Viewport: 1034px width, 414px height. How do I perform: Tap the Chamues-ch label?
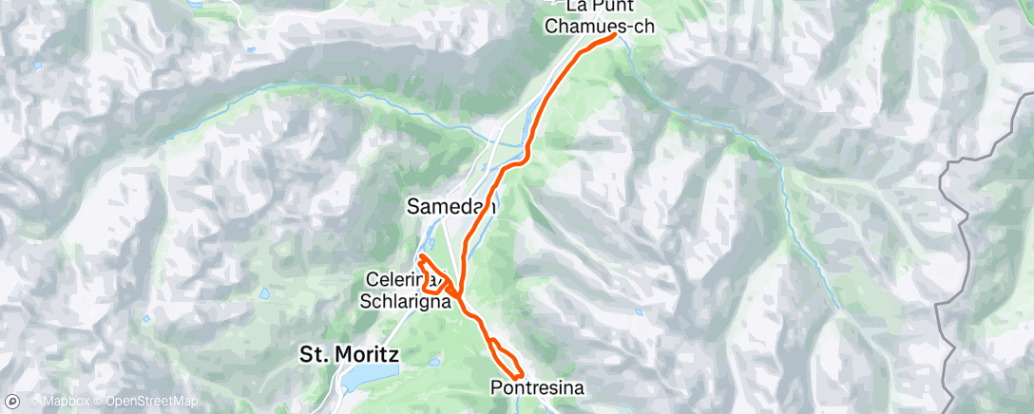pos(600,27)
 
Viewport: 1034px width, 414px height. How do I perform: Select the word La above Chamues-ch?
pos(576,7)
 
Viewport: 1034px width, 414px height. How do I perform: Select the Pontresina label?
pos(538,387)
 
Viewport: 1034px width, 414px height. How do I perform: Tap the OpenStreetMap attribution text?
pos(151,401)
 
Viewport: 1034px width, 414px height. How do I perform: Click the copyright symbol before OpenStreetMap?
pos(99,401)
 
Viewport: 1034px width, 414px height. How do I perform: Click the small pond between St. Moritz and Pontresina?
pos(433,362)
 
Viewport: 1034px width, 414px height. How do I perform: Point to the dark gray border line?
pos(960,190)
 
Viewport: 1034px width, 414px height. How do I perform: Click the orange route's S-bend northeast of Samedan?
pos(521,160)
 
